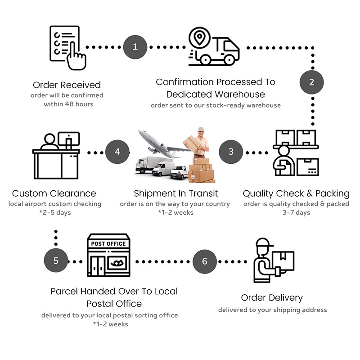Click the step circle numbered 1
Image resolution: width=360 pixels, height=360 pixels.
click(135, 46)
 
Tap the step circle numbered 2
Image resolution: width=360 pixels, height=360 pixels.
click(311, 82)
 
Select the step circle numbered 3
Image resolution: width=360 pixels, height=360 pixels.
click(231, 152)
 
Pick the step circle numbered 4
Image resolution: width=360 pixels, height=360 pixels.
click(117, 152)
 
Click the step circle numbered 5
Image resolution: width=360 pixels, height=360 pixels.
click(56, 261)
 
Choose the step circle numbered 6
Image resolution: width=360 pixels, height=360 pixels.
click(205, 261)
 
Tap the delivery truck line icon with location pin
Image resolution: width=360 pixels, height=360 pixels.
click(213, 46)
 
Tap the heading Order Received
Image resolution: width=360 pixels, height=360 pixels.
click(67, 85)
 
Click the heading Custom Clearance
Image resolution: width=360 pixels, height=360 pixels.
click(54, 193)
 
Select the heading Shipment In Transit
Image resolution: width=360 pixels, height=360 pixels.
click(175, 193)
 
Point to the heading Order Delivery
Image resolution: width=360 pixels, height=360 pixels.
click(272, 297)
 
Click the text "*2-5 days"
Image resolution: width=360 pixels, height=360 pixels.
click(55, 212)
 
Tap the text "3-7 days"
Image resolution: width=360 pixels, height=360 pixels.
click(296, 212)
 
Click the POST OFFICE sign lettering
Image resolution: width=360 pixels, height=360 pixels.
click(108, 244)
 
